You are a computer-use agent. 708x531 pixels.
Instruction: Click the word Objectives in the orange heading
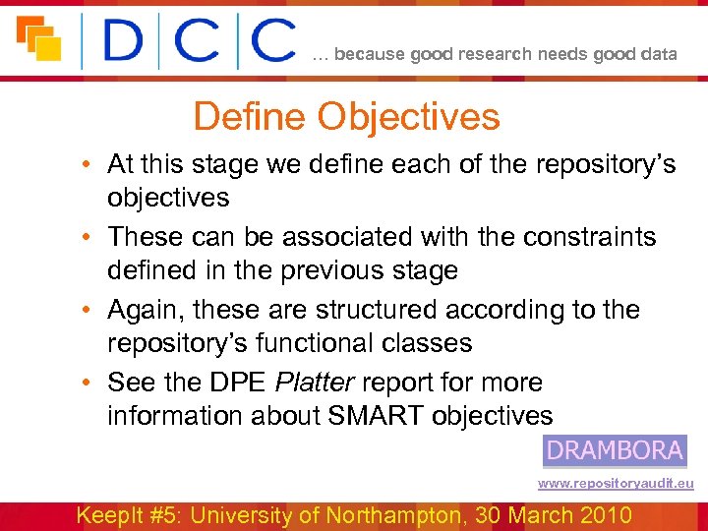(408, 117)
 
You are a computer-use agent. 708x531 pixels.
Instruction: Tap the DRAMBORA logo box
(615, 450)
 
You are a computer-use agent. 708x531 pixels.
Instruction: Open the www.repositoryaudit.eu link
(616, 484)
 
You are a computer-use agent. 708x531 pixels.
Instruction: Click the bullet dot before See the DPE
(88, 383)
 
